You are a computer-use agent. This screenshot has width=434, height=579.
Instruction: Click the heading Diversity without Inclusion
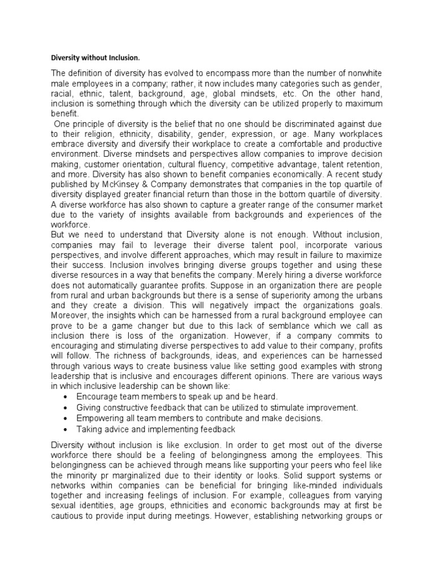(95, 58)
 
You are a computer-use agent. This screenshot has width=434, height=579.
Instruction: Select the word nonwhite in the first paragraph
(363, 75)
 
